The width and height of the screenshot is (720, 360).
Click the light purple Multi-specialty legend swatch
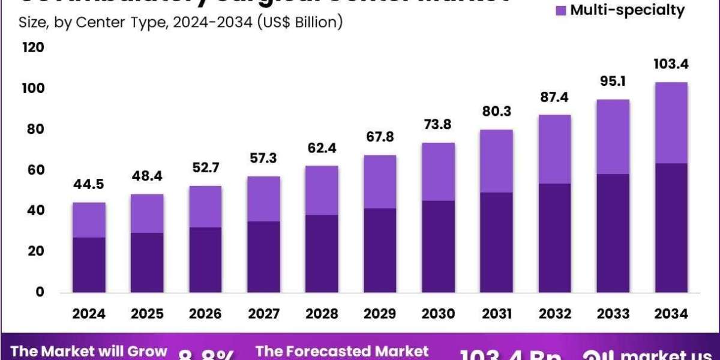561,10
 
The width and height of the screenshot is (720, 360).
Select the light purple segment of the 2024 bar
89,220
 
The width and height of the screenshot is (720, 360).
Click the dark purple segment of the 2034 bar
671,227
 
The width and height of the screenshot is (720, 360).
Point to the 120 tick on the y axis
33,47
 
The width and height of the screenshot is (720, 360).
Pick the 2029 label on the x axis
380,314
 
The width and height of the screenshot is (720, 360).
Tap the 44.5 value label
89,184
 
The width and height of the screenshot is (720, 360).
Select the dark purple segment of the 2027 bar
263,257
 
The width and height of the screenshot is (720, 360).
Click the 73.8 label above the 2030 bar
438,125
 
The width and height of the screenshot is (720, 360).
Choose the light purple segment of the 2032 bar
554,149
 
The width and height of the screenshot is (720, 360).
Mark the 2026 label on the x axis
205,314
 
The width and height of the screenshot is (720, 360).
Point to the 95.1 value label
613,81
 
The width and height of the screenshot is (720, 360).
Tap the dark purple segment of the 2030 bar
438,246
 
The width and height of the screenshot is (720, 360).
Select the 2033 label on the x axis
613,314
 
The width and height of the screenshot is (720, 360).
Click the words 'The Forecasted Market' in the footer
342,352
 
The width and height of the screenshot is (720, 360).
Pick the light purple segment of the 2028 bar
322,190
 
